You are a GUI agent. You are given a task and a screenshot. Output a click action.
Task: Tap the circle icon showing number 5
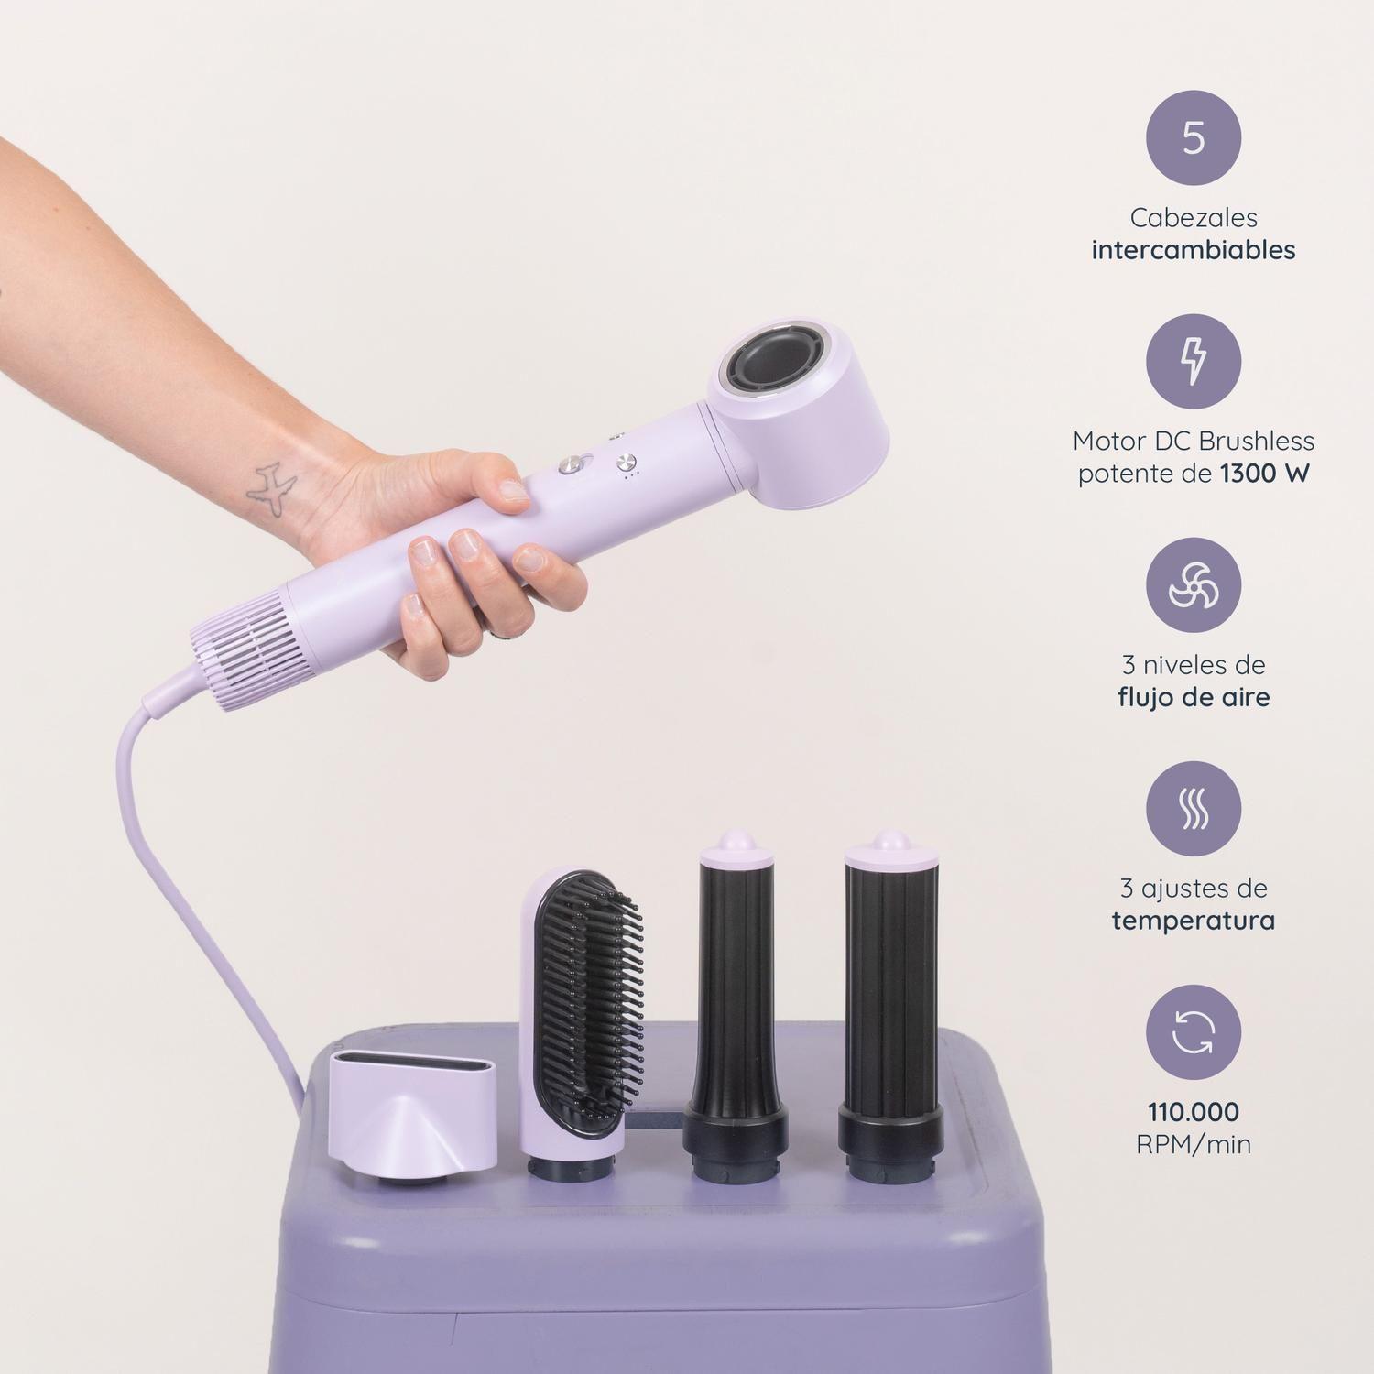pos(1193,138)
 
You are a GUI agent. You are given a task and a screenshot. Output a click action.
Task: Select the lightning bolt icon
pos(1193,362)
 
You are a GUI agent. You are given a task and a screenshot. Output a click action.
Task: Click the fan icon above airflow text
pos(1193,585)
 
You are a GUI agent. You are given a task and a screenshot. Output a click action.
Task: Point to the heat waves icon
pos(1193,809)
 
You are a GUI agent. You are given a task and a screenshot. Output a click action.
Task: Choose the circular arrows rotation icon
pos(1193,1032)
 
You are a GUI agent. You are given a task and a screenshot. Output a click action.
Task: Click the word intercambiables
pos(1193,250)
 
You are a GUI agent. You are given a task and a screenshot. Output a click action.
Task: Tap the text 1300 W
pos(1265,474)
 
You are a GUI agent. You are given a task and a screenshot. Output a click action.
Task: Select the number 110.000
pos(1193,1112)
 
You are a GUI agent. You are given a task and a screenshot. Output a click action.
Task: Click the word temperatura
pos(1193,921)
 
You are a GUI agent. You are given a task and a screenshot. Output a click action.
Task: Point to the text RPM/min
pos(1193,1144)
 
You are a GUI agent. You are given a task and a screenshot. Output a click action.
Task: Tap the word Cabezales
pos(1193,218)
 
